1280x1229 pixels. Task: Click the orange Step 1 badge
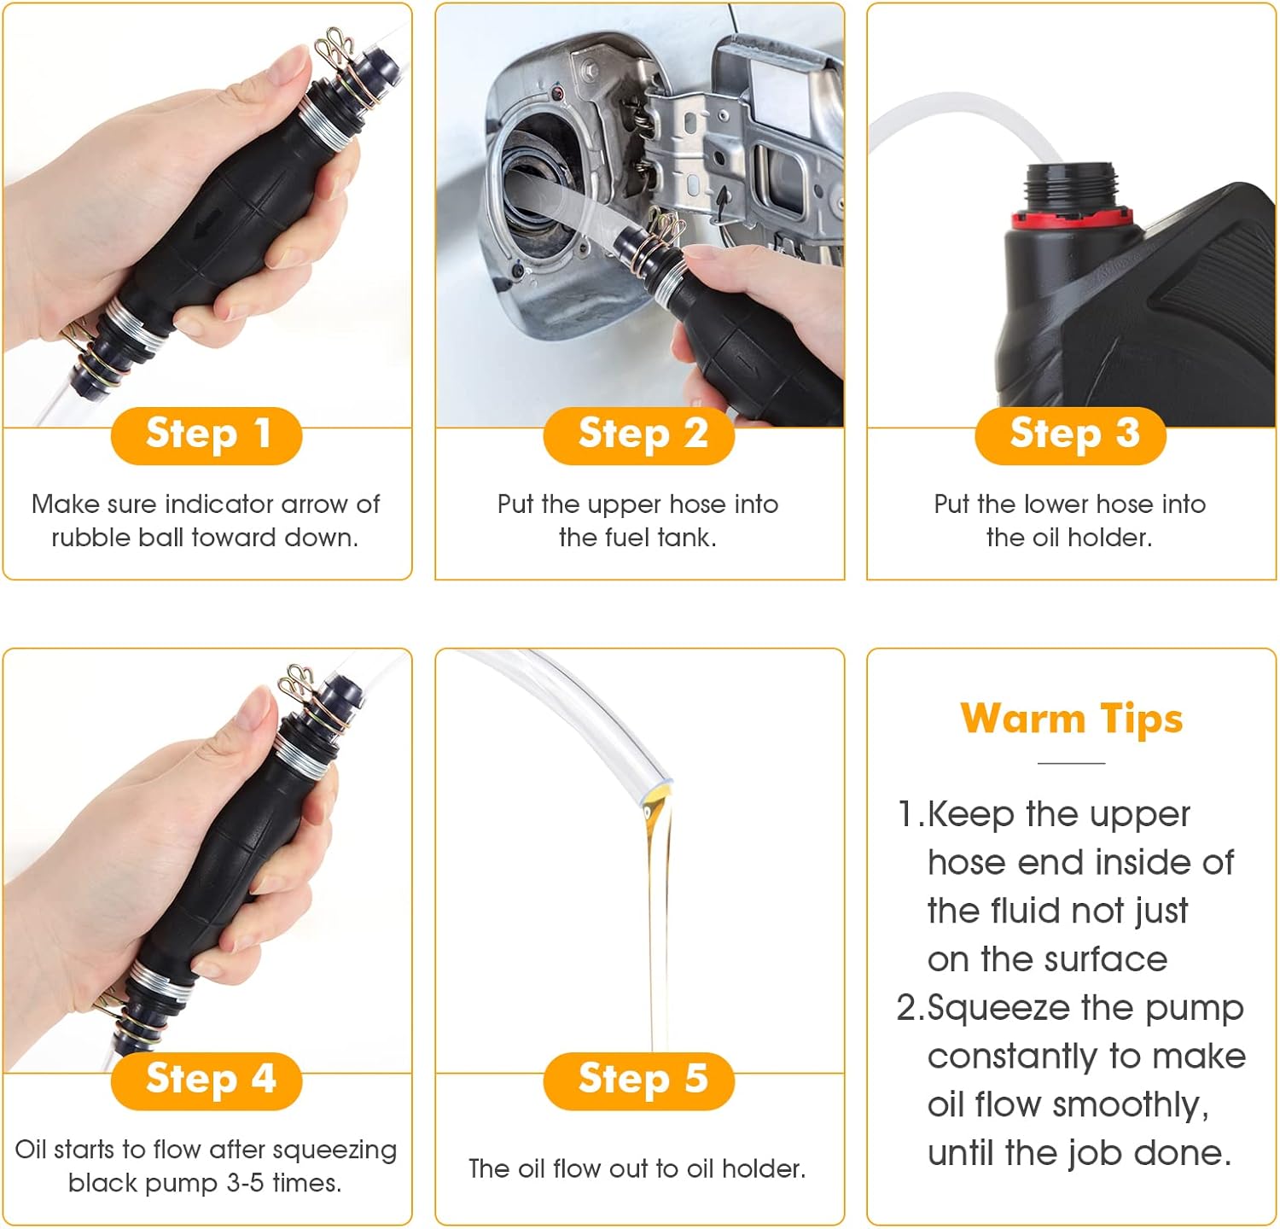click(207, 435)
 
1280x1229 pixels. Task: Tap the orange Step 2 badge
click(639, 435)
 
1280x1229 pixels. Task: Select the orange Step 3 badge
click(1071, 435)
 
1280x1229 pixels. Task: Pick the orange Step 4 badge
click(207, 1080)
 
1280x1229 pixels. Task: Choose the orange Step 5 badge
click(639, 1080)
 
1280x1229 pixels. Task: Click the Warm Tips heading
click(1072, 719)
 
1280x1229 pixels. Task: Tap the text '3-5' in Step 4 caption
click(245, 1184)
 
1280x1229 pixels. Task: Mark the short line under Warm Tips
click(1072, 763)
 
